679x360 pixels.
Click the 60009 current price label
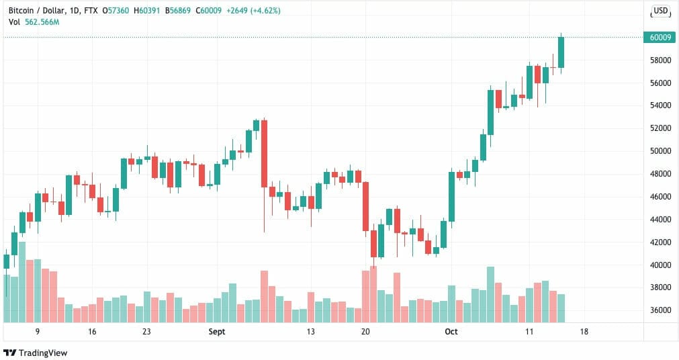660,37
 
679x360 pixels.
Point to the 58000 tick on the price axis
660,60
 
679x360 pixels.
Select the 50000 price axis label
660,151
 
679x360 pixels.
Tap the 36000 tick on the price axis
660,310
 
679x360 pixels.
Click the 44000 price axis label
660,220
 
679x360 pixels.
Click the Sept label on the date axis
217,332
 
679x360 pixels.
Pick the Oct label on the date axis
451,332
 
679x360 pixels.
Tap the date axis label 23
146,332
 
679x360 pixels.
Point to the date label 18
584,332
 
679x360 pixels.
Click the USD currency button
661,11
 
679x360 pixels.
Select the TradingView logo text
43,353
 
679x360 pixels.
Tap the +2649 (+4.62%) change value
256,11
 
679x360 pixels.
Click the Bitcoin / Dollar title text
36,11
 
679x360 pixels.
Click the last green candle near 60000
561,52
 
